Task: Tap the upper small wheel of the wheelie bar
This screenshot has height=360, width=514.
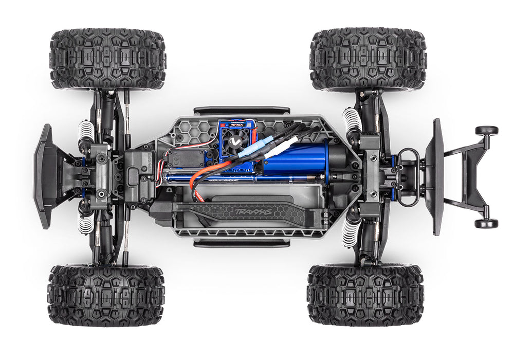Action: [x=486, y=131]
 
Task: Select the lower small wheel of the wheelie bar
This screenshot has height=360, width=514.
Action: [x=486, y=223]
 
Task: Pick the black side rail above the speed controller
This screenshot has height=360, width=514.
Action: [x=241, y=111]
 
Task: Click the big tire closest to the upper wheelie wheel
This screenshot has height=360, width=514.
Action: [x=368, y=60]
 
